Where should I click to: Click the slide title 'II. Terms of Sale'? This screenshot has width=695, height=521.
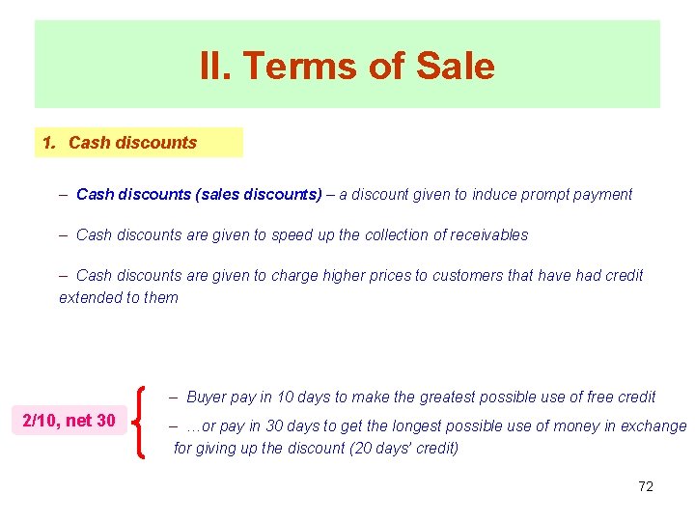pyautogui.click(x=347, y=67)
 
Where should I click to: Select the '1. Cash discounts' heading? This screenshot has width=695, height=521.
pyautogui.click(x=120, y=143)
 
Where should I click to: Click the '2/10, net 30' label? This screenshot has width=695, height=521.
pyautogui.click(x=69, y=420)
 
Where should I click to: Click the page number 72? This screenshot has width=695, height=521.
pyautogui.click(x=646, y=486)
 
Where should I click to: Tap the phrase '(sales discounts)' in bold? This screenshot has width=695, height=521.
pyautogui.click(x=259, y=194)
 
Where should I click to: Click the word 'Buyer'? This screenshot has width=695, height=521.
pyautogui.click(x=206, y=397)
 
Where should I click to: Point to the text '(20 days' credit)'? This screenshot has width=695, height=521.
pyautogui.click(x=403, y=448)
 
